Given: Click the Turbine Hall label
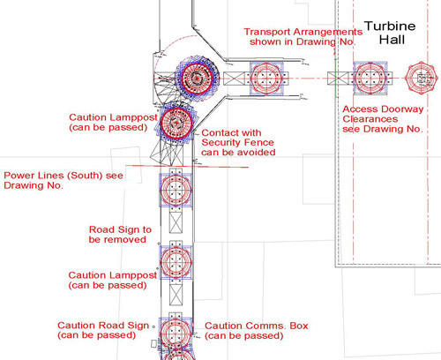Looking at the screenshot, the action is point(390,33).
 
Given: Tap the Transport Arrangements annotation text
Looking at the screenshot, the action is point(303,36).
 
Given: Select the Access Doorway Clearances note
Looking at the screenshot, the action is point(383,119).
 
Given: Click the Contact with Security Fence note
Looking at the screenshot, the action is point(238,142).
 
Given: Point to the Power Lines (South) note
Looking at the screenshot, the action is point(64,180).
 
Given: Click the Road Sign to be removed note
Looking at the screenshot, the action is point(120,235).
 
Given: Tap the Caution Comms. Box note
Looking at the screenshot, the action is point(256,331).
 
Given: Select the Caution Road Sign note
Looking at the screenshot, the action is point(103,330).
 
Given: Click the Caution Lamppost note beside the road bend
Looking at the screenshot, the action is point(113,122).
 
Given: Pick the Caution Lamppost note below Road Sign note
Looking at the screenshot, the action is point(113,280).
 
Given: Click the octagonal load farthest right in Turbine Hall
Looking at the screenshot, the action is point(421,79).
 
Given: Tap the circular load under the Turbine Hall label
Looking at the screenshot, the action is point(370,78).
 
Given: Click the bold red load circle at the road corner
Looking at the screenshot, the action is point(197,79).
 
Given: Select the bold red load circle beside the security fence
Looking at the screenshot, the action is point(176,123).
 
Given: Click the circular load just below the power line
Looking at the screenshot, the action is point(176,191).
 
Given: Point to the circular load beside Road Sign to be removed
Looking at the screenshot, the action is point(176,262).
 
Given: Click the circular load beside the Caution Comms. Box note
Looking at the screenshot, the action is point(176,334).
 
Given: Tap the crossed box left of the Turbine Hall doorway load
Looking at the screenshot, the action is point(338,79).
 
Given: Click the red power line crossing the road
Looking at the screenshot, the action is point(187,167).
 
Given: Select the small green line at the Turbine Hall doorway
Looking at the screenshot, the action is point(336,79).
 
